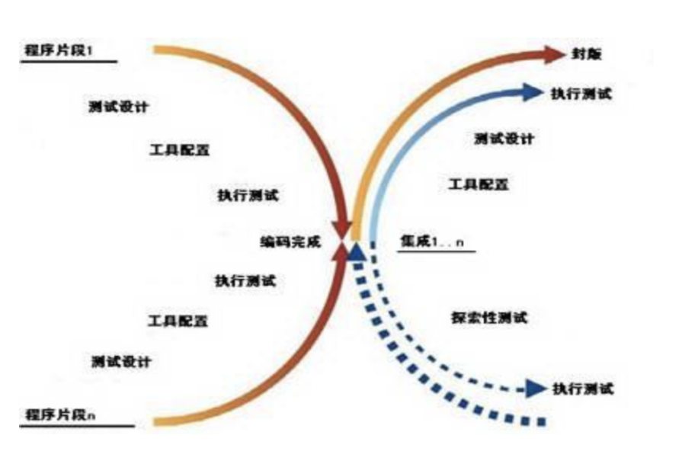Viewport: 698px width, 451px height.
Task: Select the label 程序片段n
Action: coord(58,415)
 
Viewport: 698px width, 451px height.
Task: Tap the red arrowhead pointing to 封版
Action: coord(554,55)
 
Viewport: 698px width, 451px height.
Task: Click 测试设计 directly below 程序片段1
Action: coord(118,107)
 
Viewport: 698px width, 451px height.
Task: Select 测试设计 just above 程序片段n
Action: coord(120,361)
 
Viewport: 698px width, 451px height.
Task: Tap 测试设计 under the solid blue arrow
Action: coord(504,139)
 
